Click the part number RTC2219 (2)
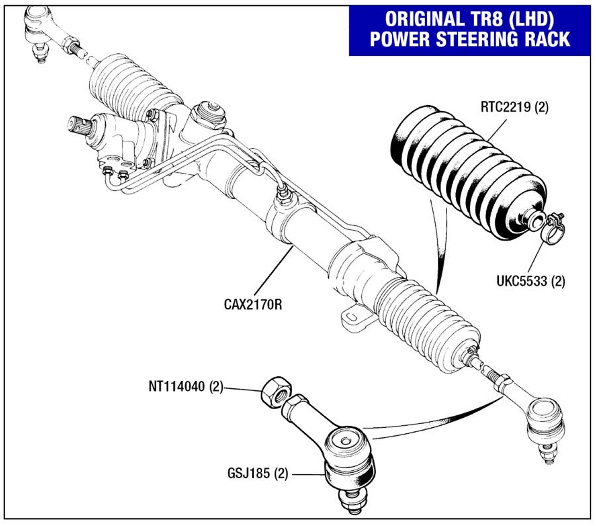pyautogui.click(x=514, y=107)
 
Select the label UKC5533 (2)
pyautogui.click(x=531, y=281)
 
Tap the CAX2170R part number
pyautogui.click(x=253, y=304)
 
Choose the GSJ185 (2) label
pyautogui.click(x=257, y=473)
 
